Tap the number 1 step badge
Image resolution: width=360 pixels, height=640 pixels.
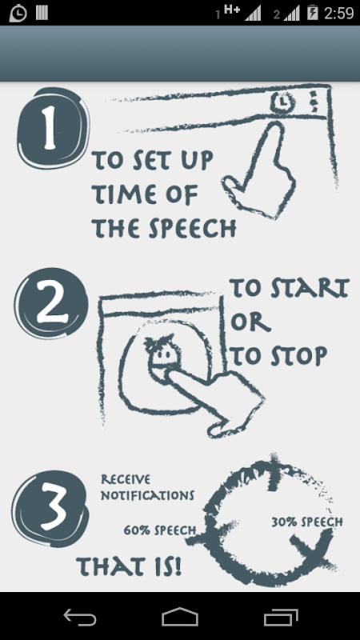[53, 128]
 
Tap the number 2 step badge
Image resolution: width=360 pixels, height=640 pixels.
[51, 303]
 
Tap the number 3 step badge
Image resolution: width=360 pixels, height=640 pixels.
[50, 508]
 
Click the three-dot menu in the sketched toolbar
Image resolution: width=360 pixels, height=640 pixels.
[314, 102]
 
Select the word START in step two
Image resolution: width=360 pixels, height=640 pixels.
[310, 288]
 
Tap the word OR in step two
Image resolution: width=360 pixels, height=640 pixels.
[250, 322]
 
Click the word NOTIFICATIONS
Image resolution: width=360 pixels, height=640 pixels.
[147, 495]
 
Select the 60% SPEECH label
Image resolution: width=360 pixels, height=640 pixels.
[160, 530]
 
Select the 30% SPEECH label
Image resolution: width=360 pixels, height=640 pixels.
[307, 522]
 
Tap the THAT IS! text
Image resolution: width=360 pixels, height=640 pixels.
[129, 566]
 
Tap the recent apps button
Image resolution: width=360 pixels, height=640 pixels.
[281, 617]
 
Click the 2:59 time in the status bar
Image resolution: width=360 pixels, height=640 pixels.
[338, 13]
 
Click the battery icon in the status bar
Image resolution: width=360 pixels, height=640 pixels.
[313, 13]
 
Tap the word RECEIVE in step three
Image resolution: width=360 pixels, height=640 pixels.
[126, 479]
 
